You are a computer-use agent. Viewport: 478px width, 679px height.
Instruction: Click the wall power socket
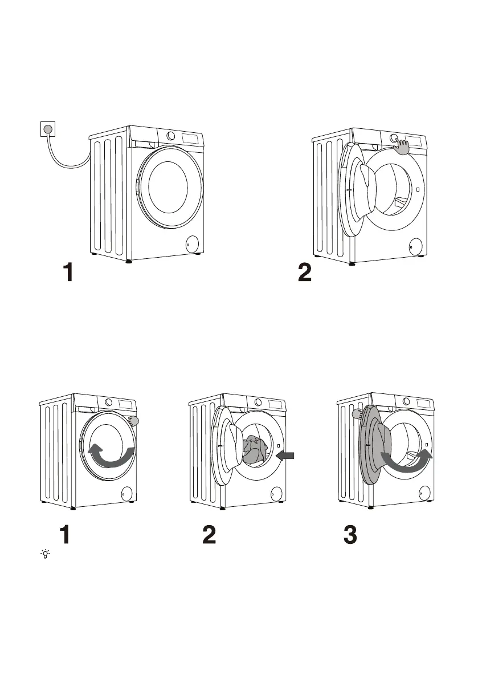(48, 130)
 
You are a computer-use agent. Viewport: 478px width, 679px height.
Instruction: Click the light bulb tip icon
(44, 554)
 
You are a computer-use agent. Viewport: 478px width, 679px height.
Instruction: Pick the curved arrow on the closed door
(112, 456)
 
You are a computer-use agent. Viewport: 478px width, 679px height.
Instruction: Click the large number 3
(350, 535)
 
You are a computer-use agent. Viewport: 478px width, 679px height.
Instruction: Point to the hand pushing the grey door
(359, 412)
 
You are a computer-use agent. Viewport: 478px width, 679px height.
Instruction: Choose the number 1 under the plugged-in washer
(68, 272)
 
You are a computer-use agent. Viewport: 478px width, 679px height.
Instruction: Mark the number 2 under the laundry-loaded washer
(209, 535)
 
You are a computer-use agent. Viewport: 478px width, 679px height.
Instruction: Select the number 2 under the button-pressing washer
(305, 272)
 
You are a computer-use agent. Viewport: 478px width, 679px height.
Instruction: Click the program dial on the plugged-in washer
(171, 136)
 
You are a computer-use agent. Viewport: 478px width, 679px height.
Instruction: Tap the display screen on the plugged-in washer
(191, 138)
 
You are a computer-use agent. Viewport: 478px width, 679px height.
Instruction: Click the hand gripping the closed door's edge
(134, 421)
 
